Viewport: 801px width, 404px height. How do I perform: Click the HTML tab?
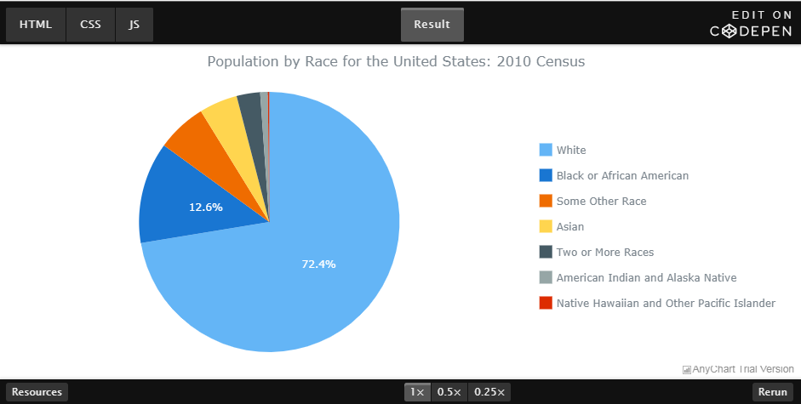[36, 25]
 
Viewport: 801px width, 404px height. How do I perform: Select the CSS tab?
[90, 25]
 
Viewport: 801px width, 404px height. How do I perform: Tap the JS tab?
[134, 25]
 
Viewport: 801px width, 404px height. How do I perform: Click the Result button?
[432, 25]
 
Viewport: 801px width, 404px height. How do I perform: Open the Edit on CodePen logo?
[751, 24]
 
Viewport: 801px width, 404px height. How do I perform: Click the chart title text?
[396, 62]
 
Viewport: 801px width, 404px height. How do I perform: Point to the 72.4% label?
[318, 264]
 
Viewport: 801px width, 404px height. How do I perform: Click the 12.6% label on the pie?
[205, 207]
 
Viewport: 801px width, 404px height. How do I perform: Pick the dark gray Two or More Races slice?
[249, 108]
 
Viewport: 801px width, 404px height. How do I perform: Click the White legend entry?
[571, 150]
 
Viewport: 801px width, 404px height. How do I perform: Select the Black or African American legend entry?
[622, 175]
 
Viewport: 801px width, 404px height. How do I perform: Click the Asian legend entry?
[569, 226]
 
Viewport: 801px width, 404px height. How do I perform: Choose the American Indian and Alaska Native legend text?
[646, 277]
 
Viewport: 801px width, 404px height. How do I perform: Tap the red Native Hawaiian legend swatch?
[546, 303]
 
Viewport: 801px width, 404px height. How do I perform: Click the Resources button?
[37, 392]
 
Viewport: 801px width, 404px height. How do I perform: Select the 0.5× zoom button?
[449, 392]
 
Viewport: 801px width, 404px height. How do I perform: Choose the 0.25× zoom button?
[489, 392]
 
